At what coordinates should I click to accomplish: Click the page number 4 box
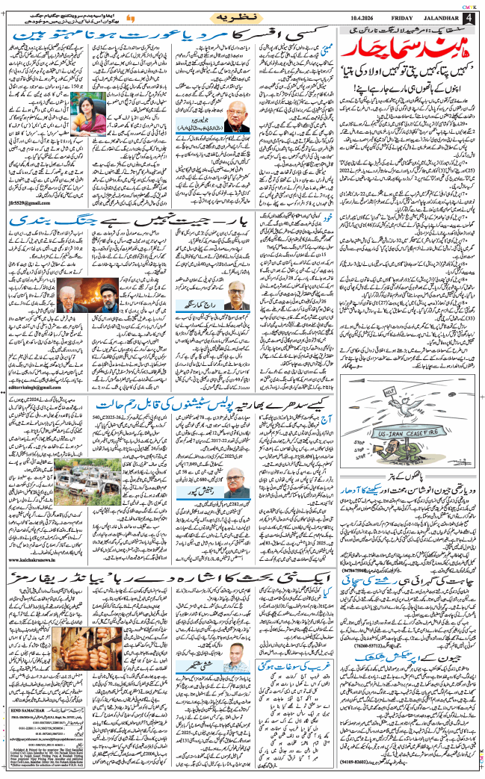[x=470, y=17]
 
